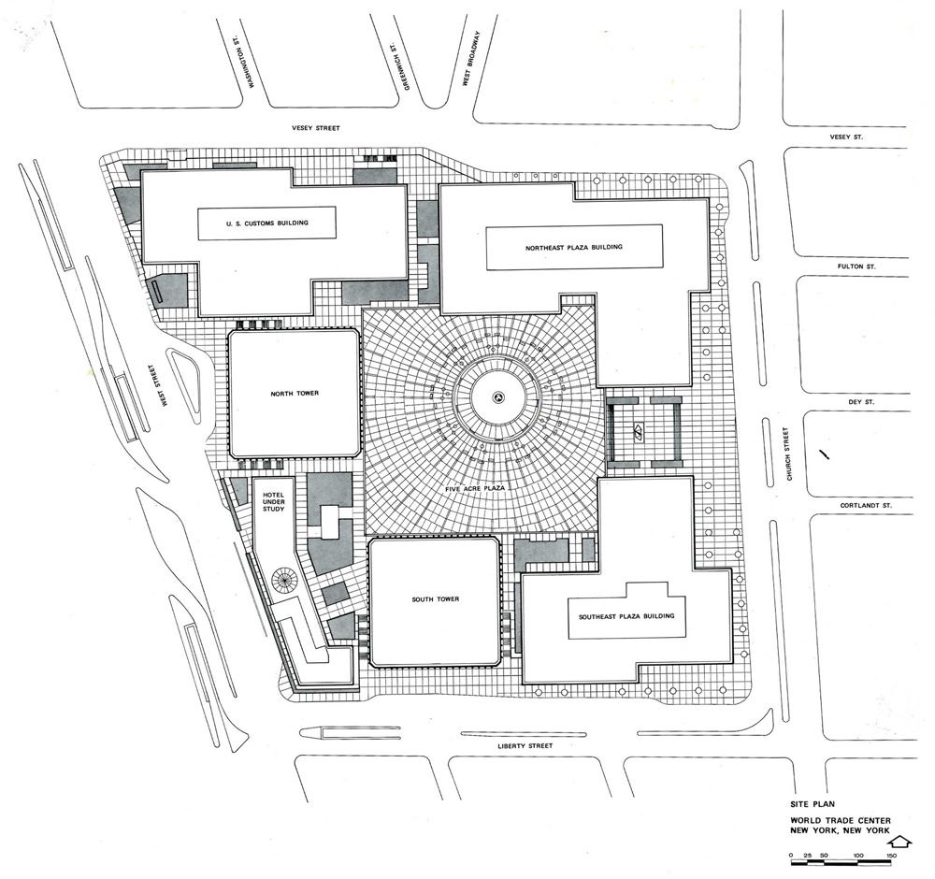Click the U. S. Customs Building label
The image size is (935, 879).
click(267, 223)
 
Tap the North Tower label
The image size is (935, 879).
click(295, 394)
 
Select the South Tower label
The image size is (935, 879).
click(436, 598)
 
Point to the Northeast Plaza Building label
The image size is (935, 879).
click(574, 247)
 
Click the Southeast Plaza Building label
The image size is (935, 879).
click(626, 616)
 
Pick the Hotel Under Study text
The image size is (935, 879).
click(274, 502)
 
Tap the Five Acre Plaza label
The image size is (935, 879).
click(475, 488)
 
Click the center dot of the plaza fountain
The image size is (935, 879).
click(497, 397)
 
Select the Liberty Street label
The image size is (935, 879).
click(525, 745)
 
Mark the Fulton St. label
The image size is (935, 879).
click(856, 266)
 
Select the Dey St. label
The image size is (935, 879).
click(861, 402)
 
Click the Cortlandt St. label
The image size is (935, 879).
click(866, 505)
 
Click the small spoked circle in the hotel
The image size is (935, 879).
click(284, 578)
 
